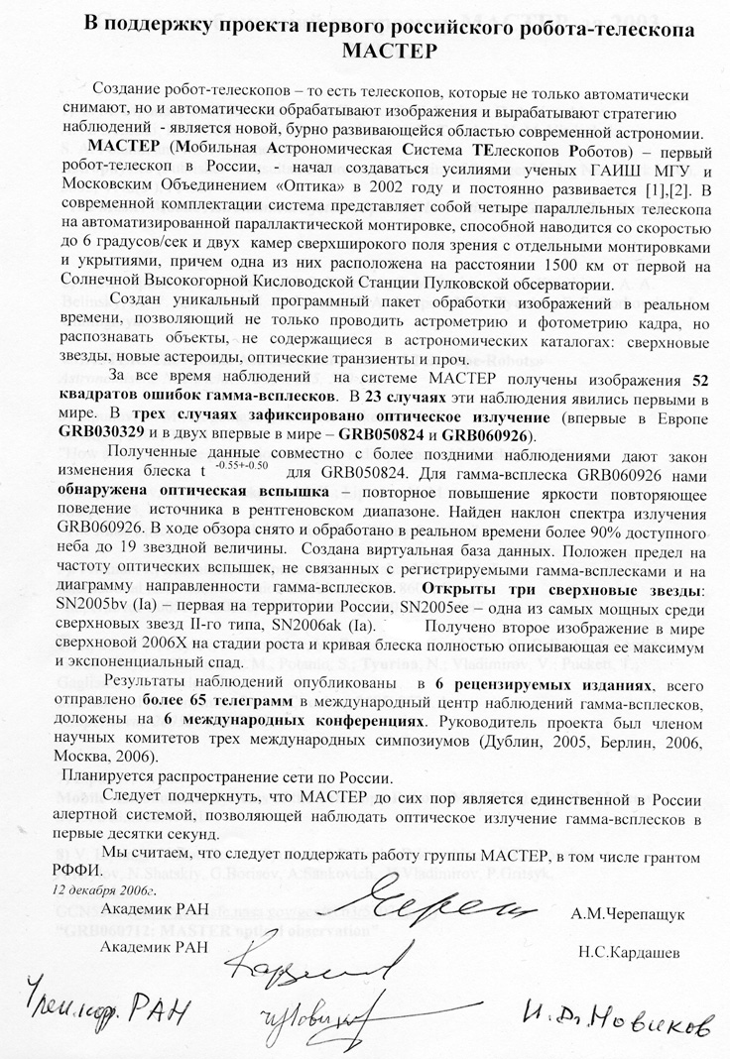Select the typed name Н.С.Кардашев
634,956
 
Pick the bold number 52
702,382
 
